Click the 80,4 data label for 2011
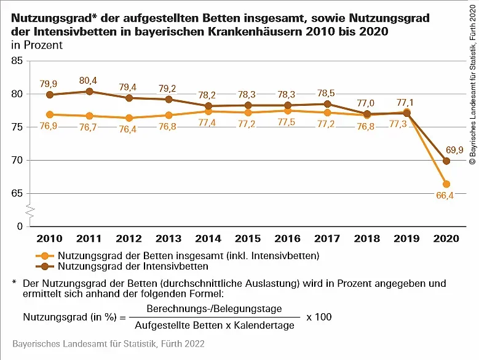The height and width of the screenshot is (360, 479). (90, 79)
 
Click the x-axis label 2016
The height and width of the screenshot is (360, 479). (288, 238)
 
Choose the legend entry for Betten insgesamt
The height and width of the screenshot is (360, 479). (188, 255)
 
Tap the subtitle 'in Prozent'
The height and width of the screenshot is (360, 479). (37, 46)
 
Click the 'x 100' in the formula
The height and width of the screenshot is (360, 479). (319, 318)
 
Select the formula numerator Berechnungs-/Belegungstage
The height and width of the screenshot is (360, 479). (215, 309)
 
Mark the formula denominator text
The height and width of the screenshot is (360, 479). (215, 326)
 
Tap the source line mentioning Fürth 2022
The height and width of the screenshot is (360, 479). (108, 343)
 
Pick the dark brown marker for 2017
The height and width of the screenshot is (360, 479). (328, 104)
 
